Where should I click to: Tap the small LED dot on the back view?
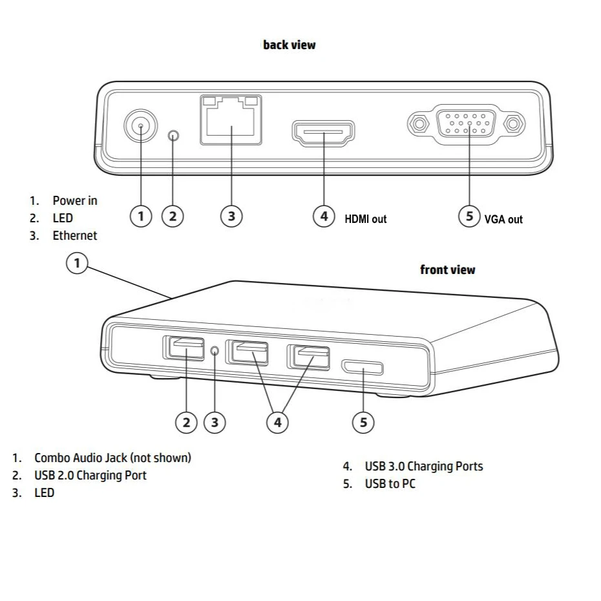click(x=173, y=136)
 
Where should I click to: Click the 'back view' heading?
click(x=289, y=45)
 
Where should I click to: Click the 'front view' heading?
click(x=447, y=269)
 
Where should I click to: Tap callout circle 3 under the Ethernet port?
click(x=231, y=216)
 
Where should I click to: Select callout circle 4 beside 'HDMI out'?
click(x=324, y=216)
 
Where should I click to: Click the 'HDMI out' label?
click(x=365, y=219)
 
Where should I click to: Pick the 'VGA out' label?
click(x=503, y=219)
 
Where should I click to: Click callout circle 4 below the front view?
click(x=278, y=422)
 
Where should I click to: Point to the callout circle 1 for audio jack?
click(x=78, y=263)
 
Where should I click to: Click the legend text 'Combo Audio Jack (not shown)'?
click(x=112, y=458)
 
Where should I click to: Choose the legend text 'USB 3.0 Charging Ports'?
click(x=423, y=466)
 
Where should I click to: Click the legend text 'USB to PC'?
click(x=390, y=483)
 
